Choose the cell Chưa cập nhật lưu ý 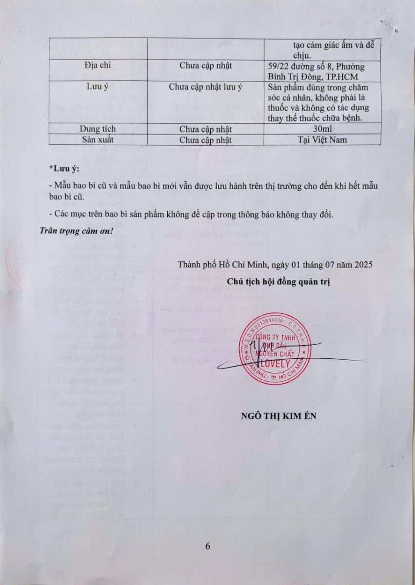pos(205,88)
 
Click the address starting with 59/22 pos(316,71)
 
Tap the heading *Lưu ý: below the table pos(64,169)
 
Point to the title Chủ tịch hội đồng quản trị pos(278,282)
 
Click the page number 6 pos(208,546)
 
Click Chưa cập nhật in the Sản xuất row pos(205,140)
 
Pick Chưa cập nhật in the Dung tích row pos(205,129)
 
